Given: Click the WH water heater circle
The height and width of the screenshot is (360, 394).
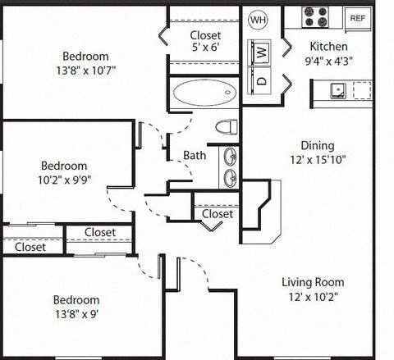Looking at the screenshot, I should (258, 19).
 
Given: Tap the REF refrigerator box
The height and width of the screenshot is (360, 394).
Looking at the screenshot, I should (357, 17).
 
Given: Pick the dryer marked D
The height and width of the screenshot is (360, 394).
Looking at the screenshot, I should (260, 80).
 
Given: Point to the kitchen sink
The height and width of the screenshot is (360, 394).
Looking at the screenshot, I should (337, 89).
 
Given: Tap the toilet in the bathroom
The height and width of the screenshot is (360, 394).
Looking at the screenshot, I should (227, 126).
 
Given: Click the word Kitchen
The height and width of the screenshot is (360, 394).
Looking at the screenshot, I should (328, 47).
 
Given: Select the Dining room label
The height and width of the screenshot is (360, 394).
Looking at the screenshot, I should (317, 145).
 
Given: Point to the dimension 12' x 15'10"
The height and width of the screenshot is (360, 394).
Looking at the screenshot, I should (317, 160).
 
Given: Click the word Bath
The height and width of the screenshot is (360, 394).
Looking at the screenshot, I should (195, 155).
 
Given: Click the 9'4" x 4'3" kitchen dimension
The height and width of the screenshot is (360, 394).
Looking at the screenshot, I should (328, 61).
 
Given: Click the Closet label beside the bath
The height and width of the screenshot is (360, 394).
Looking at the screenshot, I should (218, 214).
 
